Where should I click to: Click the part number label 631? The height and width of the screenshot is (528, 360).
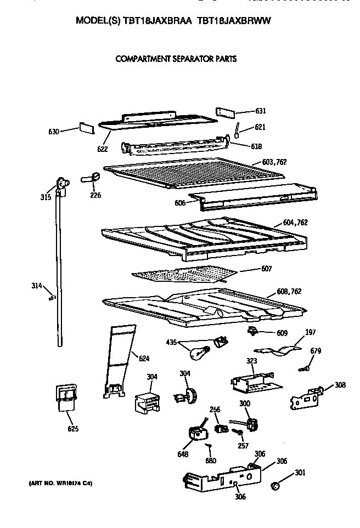pyautogui.click(x=261, y=111)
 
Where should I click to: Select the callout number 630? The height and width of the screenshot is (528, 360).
pyautogui.click(x=54, y=132)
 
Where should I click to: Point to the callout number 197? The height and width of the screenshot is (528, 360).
pyautogui.click(x=310, y=332)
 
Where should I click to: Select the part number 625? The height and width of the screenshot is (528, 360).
pyautogui.click(x=72, y=429)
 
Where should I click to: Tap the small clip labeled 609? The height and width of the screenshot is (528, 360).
pyautogui.click(x=253, y=330)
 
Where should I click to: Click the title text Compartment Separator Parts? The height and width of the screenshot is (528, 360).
pyautogui.click(x=176, y=58)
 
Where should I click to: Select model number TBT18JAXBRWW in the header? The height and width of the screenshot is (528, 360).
pyautogui.click(x=234, y=20)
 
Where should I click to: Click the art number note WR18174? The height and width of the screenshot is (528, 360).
pyautogui.click(x=59, y=483)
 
